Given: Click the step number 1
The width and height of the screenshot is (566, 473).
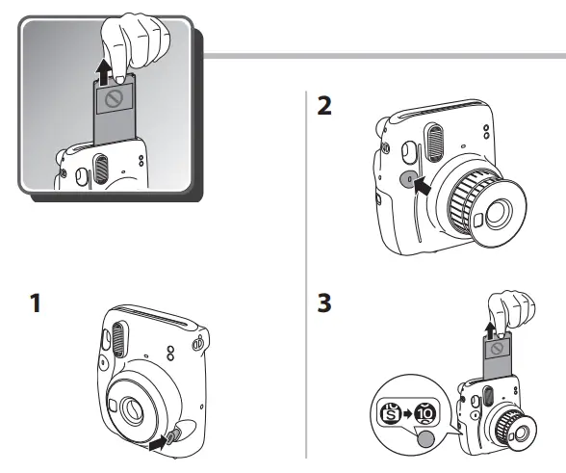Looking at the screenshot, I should pyautogui.click(x=35, y=305).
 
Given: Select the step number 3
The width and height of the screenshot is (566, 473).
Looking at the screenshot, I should pyautogui.click(x=326, y=305).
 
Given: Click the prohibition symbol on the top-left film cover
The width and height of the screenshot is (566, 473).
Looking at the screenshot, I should pyautogui.click(x=113, y=99).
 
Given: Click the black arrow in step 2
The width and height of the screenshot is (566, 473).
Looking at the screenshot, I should pyautogui.click(x=422, y=188).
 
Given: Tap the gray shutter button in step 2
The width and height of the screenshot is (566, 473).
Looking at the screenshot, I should pyautogui.click(x=407, y=178).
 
